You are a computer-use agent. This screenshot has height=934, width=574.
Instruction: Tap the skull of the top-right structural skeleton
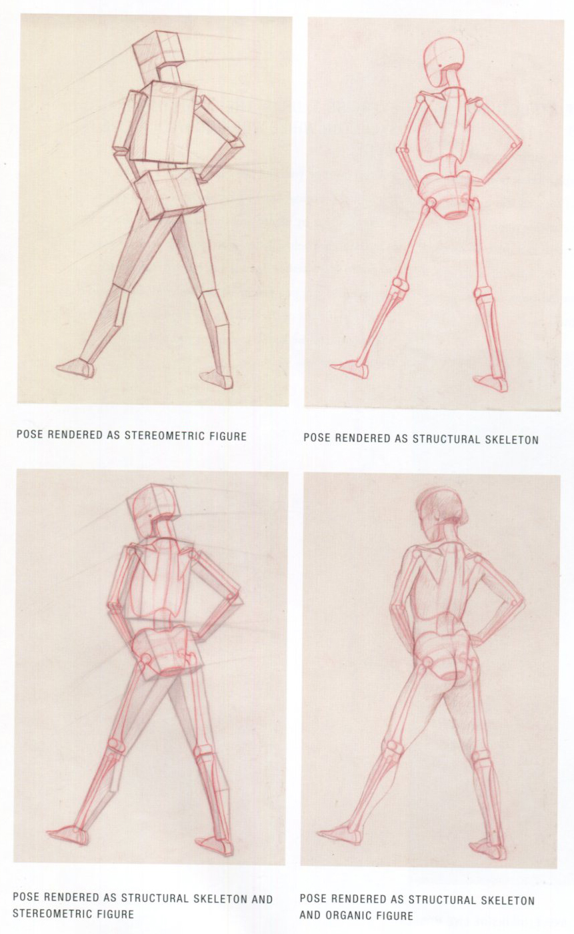(x=443, y=61)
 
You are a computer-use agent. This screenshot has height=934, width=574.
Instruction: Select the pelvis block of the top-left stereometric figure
(x=170, y=193)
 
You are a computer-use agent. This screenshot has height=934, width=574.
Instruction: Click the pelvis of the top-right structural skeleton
(x=447, y=194)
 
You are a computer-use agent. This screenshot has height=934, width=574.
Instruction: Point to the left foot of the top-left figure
(x=75, y=368)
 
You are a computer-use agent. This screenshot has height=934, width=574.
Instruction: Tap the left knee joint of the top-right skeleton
(x=400, y=286)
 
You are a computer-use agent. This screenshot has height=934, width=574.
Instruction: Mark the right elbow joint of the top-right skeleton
(x=516, y=145)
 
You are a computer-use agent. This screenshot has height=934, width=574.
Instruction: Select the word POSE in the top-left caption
(x=30, y=434)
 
